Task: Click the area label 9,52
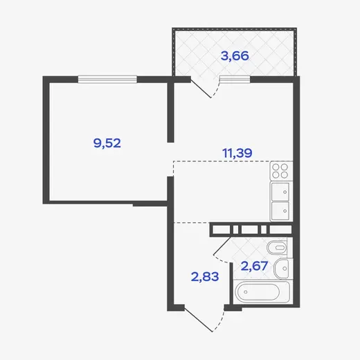[107, 143]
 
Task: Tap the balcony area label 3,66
[235, 56]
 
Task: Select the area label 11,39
[237, 153]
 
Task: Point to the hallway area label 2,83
[205, 277]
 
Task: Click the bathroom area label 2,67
[254, 266]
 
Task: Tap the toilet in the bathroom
[277, 248]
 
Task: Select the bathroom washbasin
[282, 269]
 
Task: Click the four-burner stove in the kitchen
[281, 171]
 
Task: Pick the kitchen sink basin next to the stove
[280, 192]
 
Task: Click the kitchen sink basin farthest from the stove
[280, 210]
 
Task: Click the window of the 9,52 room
[107, 79]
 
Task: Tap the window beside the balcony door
[235, 79]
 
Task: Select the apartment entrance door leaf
[199, 320]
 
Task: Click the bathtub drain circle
[246, 292]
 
